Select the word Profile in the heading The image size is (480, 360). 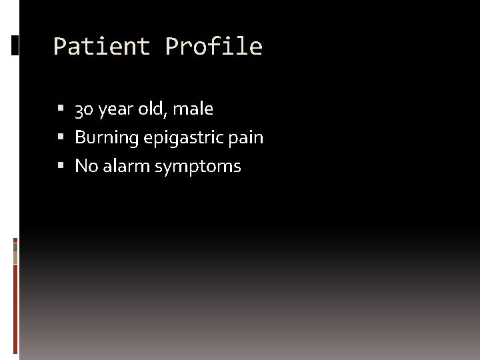click(x=214, y=47)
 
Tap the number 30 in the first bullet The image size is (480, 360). click(x=84, y=109)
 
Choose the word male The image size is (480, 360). click(x=193, y=108)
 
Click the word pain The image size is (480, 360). click(x=247, y=137)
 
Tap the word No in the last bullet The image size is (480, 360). click(x=86, y=165)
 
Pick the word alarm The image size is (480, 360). click(x=126, y=165)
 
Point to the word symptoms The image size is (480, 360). click(x=197, y=166)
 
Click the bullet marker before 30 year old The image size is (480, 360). click(x=61, y=108)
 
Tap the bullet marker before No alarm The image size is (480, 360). click(x=61, y=165)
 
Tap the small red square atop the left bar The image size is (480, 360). click(x=15, y=239)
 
